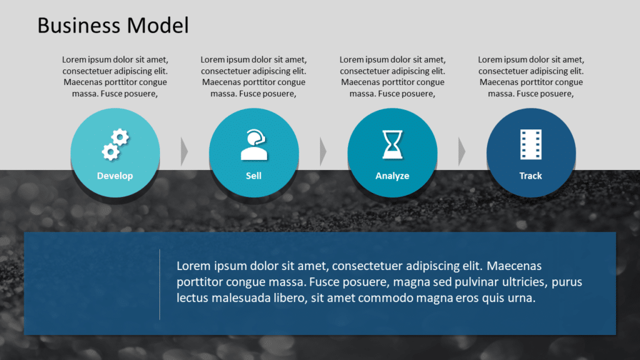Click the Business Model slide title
coord(112,26)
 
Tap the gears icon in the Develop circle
coord(115,144)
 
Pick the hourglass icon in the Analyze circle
coord(392,144)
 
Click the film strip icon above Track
coord(531,144)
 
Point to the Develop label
coord(115,176)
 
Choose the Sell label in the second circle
coord(254,176)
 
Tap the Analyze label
coord(392,176)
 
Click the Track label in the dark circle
coord(531,176)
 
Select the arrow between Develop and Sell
coord(184,151)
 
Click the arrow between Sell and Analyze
coord(323,151)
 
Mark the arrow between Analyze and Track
coord(462,151)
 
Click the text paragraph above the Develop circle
coord(115,77)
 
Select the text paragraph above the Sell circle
coord(254,77)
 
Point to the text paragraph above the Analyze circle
coord(392,77)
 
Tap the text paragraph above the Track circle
coord(531,77)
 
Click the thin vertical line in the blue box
coord(160,284)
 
